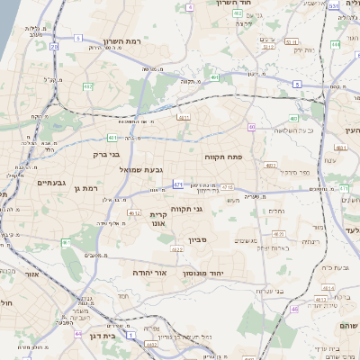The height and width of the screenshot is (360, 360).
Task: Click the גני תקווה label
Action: point(185,210)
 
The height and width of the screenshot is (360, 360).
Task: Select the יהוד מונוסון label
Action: point(203,272)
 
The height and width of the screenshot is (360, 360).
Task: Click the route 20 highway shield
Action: point(55,46)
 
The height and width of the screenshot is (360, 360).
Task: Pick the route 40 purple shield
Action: point(252,127)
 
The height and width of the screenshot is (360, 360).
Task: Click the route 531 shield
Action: point(333,5)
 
